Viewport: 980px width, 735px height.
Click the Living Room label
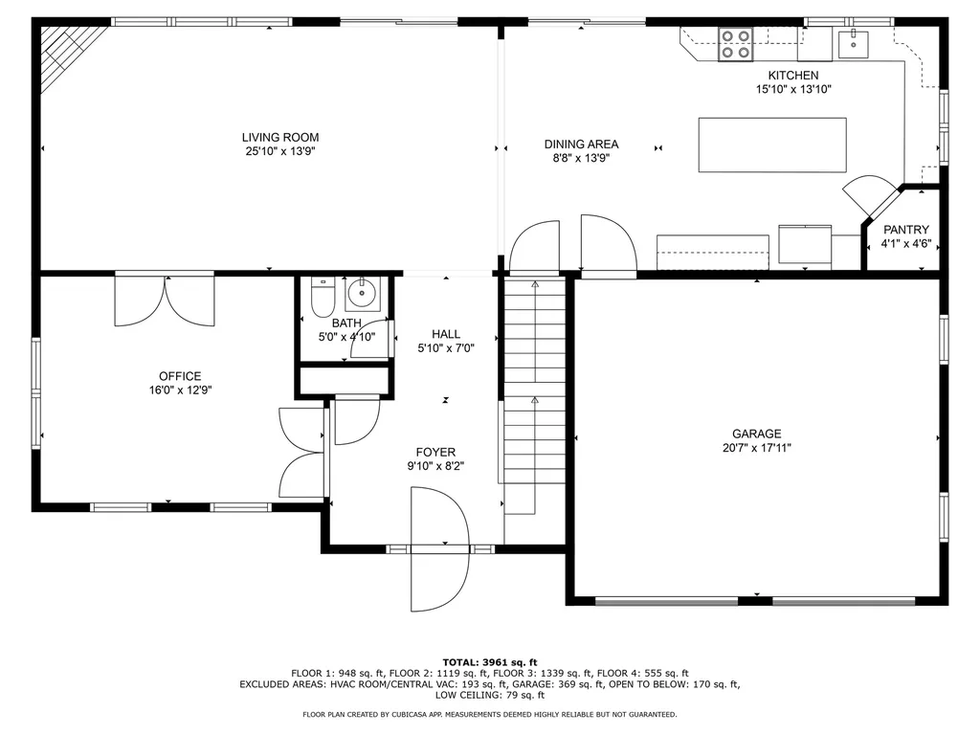(279, 138)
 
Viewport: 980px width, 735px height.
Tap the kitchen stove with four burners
(735, 44)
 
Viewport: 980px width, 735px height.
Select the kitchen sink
(852, 43)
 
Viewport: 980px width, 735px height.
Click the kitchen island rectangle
(772, 145)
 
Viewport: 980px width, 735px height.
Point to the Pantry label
(905, 230)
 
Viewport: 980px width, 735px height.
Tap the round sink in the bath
(363, 292)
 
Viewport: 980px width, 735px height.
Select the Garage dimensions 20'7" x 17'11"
(757, 447)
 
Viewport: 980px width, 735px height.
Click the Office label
(180, 376)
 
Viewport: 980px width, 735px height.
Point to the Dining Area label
(582, 145)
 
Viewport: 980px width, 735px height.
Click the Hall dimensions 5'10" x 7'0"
(446, 348)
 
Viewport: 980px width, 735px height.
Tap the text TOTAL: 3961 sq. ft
(490, 662)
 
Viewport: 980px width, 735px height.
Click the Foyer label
(435, 453)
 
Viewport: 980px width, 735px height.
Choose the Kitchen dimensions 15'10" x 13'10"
(793, 89)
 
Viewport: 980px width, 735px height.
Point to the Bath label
(346, 323)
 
